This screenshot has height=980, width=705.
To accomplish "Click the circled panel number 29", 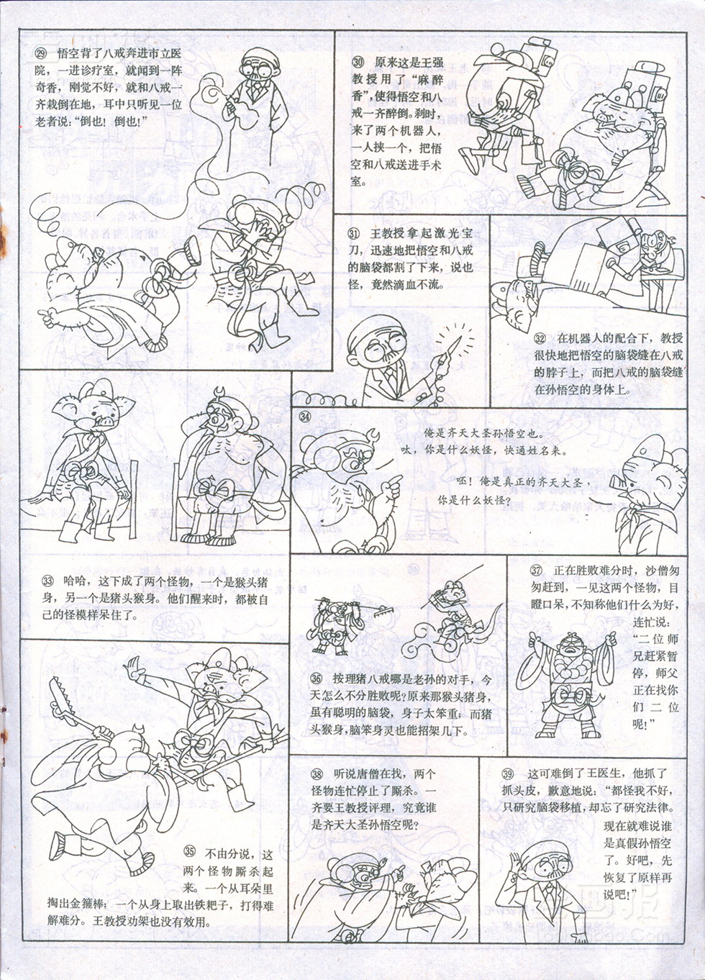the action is [x=41, y=54].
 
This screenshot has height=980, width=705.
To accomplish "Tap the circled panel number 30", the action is [x=358, y=62].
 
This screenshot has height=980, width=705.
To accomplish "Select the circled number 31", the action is [x=353, y=234].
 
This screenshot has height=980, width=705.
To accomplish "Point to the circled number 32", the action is [x=540, y=338].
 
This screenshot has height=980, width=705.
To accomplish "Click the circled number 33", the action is [x=47, y=581].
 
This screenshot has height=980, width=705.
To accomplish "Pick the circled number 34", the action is [x=305, y=417].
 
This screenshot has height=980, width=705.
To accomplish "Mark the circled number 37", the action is [x=536, y=571].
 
